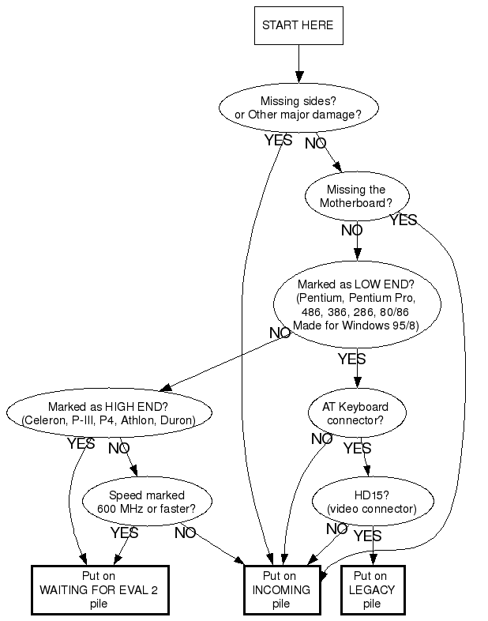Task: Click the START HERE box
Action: point(298,25)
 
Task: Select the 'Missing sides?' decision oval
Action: point(298,107)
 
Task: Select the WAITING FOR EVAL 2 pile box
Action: point(100,589)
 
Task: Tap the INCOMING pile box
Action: point(281,589)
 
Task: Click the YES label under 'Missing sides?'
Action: point(278,141)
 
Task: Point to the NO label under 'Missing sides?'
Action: point(315,143)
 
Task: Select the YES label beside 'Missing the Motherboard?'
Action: point(403,220)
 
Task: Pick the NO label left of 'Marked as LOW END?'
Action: point(280,333)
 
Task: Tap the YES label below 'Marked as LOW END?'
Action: point(351,359)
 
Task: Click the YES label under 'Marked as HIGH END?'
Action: point(81,444)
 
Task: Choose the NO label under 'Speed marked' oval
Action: point(185,533)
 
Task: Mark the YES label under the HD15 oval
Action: point(367,536)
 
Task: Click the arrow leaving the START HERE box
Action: point(298,63)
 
